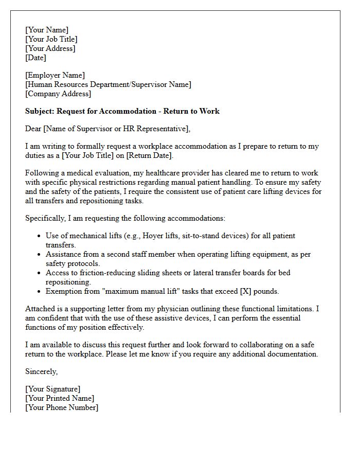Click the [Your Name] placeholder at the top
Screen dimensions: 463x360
point(47,30)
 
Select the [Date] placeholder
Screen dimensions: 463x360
point(36,58)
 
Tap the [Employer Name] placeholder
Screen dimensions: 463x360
point(55,75)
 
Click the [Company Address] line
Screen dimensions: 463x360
point(58,94)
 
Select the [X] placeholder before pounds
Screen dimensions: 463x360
point(231,291)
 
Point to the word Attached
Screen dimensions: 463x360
point(41,309)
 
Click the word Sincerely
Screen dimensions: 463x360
point(42,371)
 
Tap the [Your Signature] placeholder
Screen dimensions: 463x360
point(53,389)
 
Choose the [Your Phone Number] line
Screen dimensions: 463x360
point(62,407)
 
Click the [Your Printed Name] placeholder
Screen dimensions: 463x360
point(60,398)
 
